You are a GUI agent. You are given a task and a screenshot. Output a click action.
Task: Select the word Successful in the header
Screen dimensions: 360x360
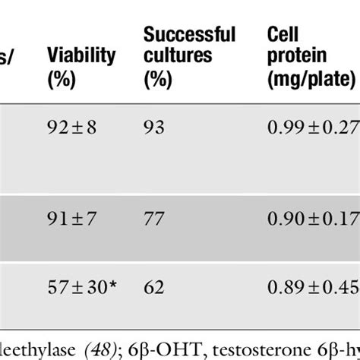coord(190,34)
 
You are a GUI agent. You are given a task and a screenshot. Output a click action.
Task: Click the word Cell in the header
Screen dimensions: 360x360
coord(280,34)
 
